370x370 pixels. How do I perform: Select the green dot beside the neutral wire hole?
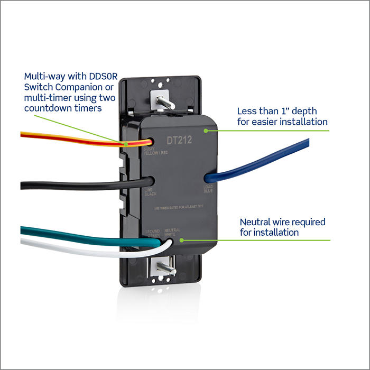tap(181, 239)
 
